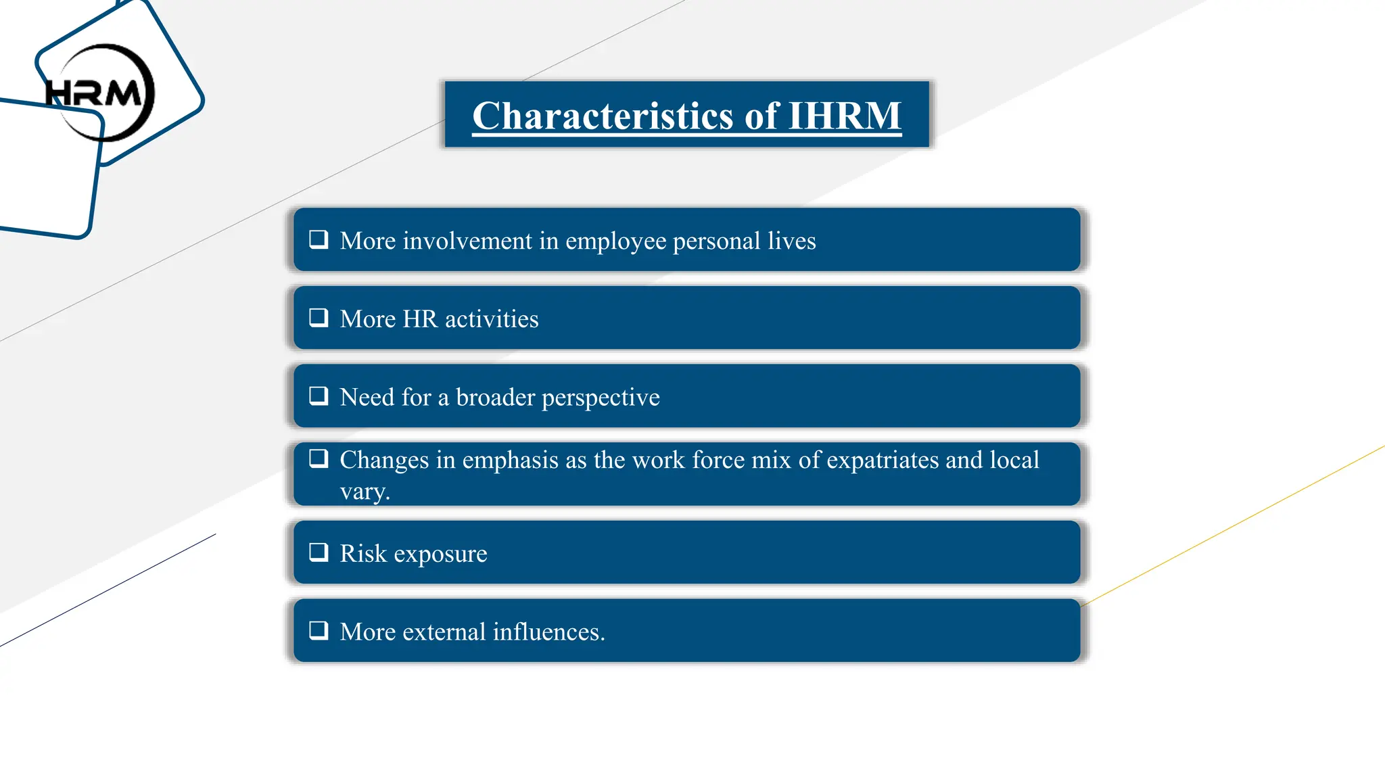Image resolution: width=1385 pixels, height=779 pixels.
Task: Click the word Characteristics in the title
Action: (603, 116)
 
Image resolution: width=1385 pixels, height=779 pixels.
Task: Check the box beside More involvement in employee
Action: (319, 239)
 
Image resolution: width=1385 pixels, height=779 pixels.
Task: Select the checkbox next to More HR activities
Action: (319, 317)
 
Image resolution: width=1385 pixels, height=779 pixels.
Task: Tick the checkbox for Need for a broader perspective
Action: (319, 396)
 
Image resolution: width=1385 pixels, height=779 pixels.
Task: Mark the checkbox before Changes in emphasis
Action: (319, 458)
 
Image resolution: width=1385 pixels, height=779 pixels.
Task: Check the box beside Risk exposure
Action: (319, 552)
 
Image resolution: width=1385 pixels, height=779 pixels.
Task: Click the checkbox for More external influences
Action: (319, 630)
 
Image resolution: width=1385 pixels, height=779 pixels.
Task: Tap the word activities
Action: (492, 318)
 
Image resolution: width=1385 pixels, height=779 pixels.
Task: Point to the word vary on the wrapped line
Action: (364, 492)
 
